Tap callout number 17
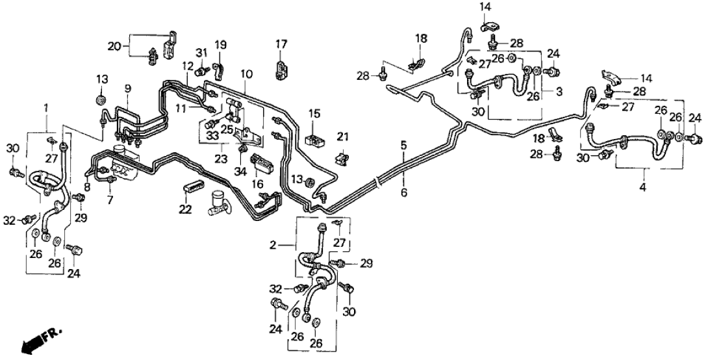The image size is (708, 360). (x=281, y=44)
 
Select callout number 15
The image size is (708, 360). (x=314, y=113)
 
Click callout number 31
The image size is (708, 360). (x=201, y=52)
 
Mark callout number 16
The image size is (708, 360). (x=259, y=185)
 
